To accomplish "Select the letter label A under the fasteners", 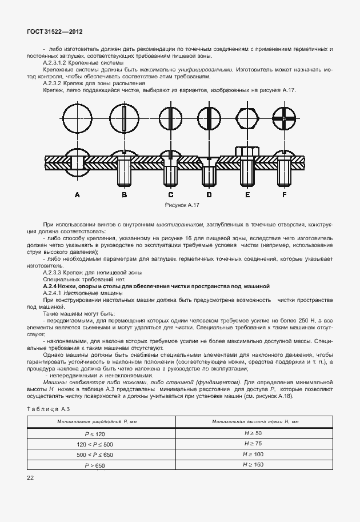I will click(x=78, y=195).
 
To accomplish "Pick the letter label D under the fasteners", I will click(x=209, y=195).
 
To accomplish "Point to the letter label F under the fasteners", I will click(x=284, y=195).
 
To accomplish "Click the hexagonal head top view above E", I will click(x=247, y=118).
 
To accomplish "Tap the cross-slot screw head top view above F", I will click(x=284, y=118).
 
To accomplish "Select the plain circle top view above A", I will click(x=78, y=118).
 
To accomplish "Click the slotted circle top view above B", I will click(x=124, y=118).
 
